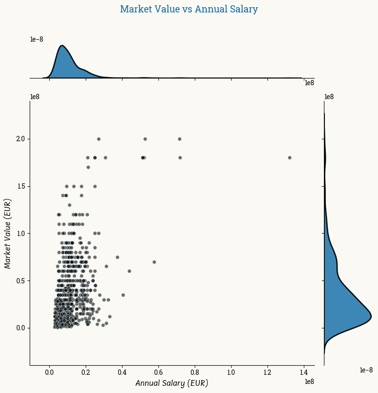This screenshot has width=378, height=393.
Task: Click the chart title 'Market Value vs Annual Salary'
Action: click(x=189, y=9)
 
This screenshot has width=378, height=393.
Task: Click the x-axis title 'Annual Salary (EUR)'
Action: click(x=172, y=383)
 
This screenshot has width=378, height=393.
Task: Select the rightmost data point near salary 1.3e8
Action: click(x=289, y=157)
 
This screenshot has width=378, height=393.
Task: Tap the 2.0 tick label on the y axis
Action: click(x=20, y=139)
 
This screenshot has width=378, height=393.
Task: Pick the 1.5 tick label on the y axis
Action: click(x=20, y=186)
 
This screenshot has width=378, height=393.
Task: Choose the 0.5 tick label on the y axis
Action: click(x=20, y=281)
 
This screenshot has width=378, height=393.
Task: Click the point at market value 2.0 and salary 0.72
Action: click(x=179, y=139)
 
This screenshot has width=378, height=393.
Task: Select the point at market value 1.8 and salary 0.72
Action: click(x=180, y=157)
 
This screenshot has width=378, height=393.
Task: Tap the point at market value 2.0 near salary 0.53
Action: click(x=145, y=139)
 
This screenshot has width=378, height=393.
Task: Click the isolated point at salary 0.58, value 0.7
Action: click(x=154, y=262)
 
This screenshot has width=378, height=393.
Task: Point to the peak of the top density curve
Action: click(x=62, y=46)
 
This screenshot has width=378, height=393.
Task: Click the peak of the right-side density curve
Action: click(x=371, y=315)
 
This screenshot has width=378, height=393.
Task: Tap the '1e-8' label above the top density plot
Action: click(x=37, y=39)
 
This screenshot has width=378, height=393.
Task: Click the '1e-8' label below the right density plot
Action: click(x=366, y=370)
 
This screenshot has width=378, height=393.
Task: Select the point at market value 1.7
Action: click(x=88, y=167)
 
